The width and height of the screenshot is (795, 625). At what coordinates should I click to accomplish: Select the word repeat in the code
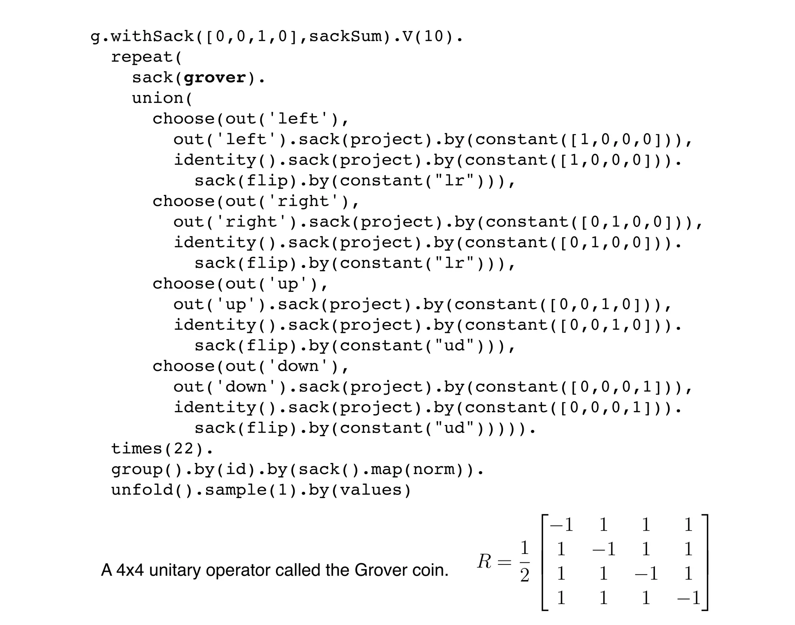[142, 57]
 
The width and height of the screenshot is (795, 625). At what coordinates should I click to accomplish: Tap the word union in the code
[157, 98]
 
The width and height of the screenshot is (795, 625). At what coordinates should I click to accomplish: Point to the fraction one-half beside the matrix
[524, 561]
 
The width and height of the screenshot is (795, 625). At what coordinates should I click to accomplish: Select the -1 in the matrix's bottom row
[688, 597]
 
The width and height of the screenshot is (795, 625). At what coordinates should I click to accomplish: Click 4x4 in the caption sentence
[130, 570]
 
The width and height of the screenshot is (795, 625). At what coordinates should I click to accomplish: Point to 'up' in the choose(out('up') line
[287, 284]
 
